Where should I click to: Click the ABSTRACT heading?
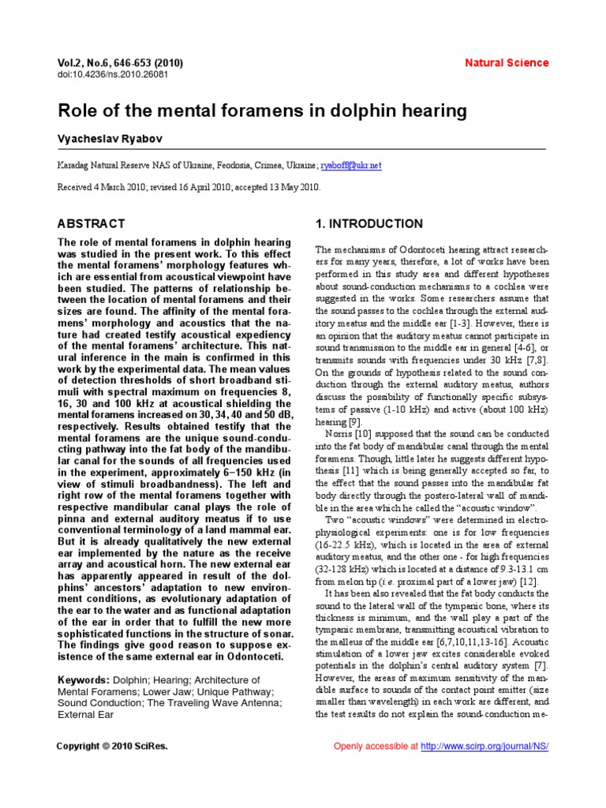tap(92, 223)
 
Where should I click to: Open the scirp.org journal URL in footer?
tap(484, 746)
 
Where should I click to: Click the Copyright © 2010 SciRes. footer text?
tap(113, 746)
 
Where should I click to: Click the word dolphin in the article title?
tap(367, 110)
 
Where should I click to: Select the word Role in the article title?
tap(80, 110)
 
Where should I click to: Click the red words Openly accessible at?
tap(376, 746)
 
